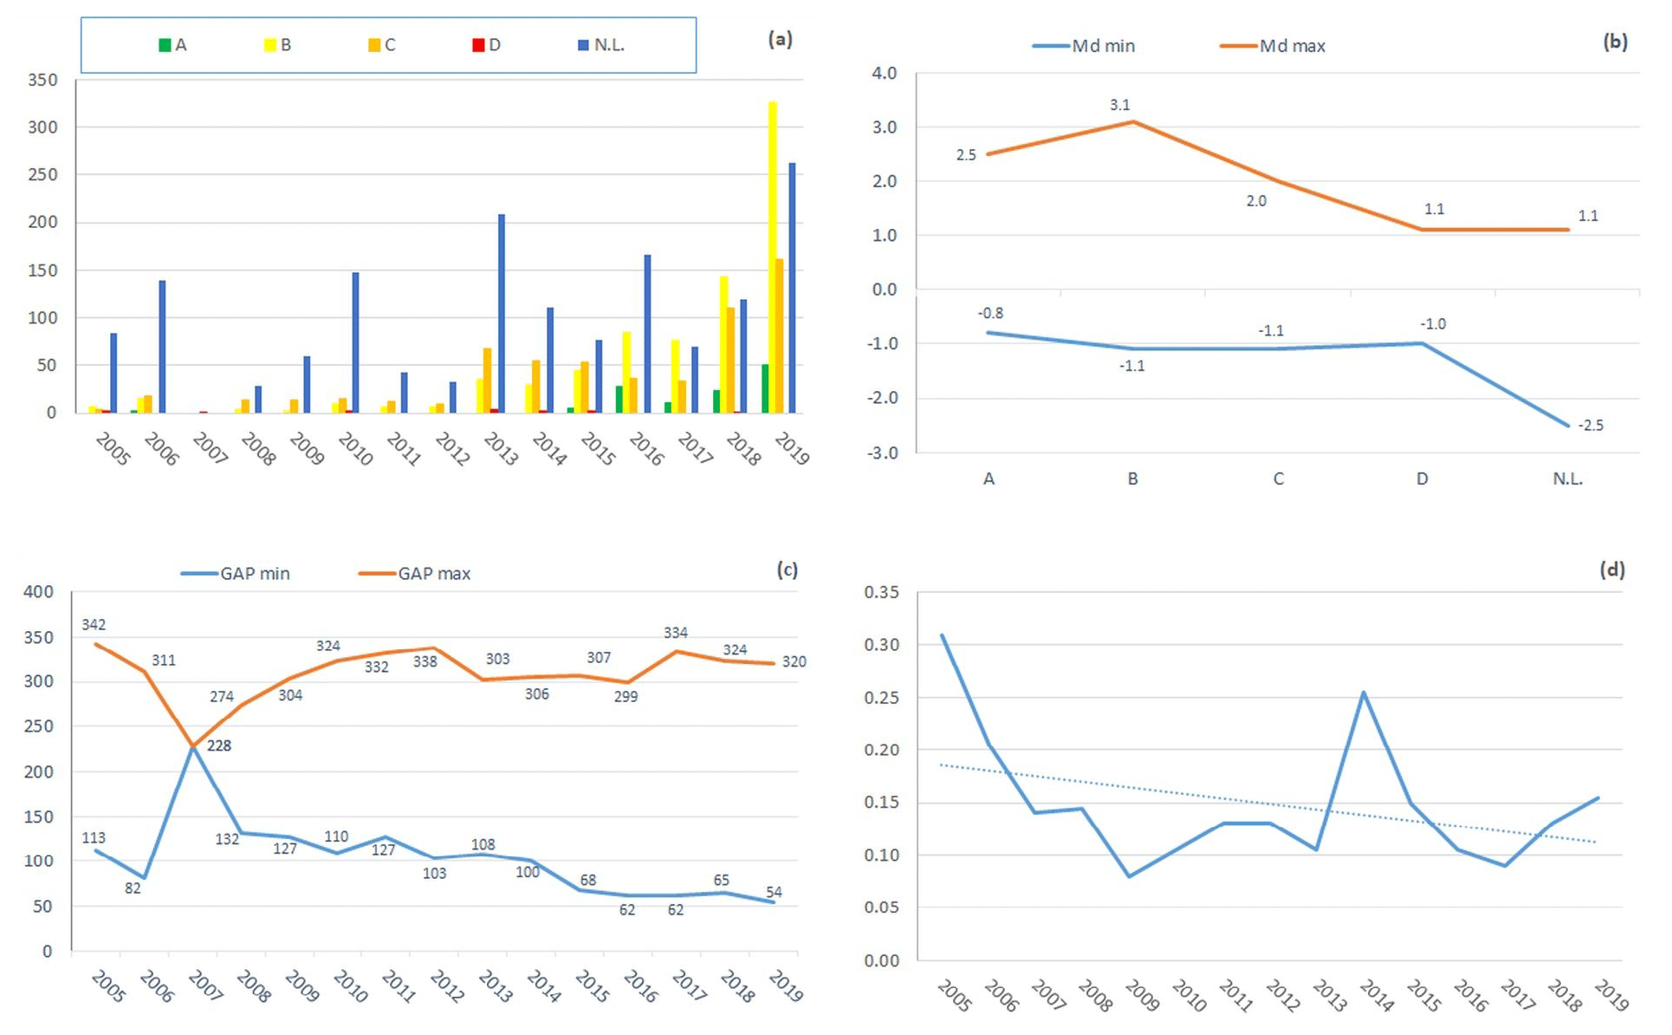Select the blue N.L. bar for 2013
pos(502,313)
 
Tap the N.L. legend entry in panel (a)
pos(601,45)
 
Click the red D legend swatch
pos(478,45)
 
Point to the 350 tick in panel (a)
pos(42,80)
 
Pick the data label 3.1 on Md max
pos(1119,105)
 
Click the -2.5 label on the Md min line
pos(1591,426)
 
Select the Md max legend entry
pos(1273,46)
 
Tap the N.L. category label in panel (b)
pos(1567,478)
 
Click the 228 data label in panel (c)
pos(219,745)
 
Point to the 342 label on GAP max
pos(94,625)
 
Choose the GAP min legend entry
pos(236,574)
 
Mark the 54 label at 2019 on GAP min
pos(774,892)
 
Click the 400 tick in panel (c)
pos(38,592)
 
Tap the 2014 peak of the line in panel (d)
pos(1364,693)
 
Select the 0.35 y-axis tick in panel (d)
pos(881,593)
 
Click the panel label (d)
pos(1611,570)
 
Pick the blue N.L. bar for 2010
pos(355,342)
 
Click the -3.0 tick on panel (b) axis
pos(885,452)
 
